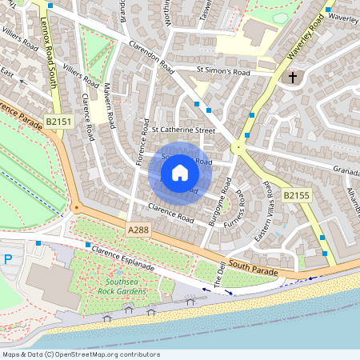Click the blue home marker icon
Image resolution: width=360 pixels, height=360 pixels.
[x=180, y=173]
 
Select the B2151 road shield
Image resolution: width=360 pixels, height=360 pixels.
[x=58, y=122]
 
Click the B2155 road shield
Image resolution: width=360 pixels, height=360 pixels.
[x=296, y=194]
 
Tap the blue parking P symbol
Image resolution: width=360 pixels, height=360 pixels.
[x=9, y=258]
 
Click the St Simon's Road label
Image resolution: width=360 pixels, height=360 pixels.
[x=223, y=72]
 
